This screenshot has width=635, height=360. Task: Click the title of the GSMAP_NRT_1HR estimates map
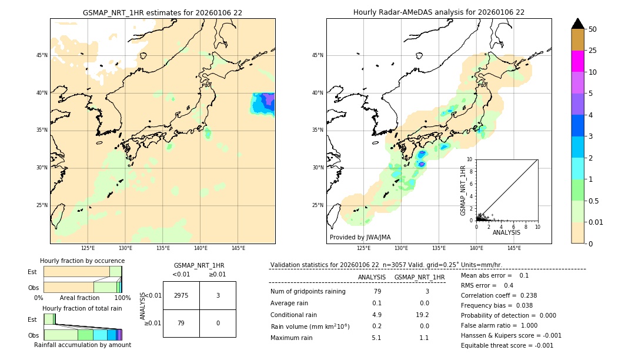162,12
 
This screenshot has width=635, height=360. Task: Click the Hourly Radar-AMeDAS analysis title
439,12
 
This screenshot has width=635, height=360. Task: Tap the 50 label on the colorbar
593,29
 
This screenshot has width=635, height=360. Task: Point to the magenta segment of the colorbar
577,61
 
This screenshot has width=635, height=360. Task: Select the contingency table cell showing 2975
181,295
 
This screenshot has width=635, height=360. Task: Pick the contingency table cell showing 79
181,323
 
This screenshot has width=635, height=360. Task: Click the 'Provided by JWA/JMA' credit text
360,237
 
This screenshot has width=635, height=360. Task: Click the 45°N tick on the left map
42,55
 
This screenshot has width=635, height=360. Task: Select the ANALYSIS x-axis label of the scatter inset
506,232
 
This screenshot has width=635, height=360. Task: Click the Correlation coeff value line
499,295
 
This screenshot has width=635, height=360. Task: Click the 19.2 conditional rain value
423,315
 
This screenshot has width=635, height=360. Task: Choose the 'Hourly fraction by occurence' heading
82,261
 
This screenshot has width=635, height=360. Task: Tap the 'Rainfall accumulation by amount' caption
82,345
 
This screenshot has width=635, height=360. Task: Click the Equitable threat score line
507,345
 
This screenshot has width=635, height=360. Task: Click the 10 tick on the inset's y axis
470,159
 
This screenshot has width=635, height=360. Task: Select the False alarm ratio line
499,325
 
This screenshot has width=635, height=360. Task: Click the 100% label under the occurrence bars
122,298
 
